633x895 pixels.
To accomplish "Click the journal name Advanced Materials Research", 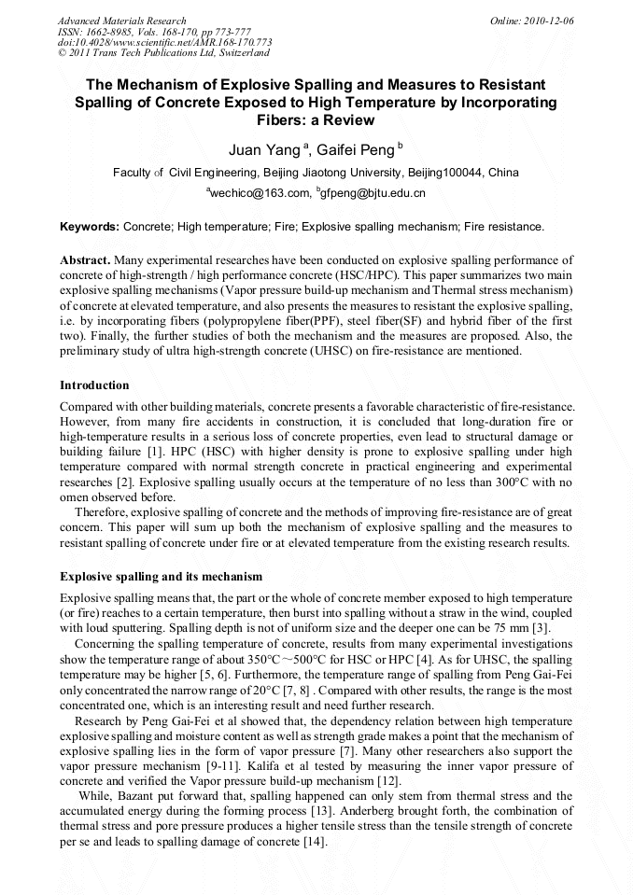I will [x=122, y=20].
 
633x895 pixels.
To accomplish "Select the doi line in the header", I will [x=164, y=42].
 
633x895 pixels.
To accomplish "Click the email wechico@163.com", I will [x=259, y=193].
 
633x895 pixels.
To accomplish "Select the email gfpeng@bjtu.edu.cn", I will [x=373, y=193].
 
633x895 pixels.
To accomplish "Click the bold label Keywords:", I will [x=90, y=227].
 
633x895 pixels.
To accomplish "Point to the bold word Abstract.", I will [x=85, y=258].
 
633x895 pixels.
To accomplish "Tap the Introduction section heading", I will [x=94, y=385].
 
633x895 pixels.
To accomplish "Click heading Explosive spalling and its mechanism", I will [x=161, y=577].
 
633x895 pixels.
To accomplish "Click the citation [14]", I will [x=310, y=843].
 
